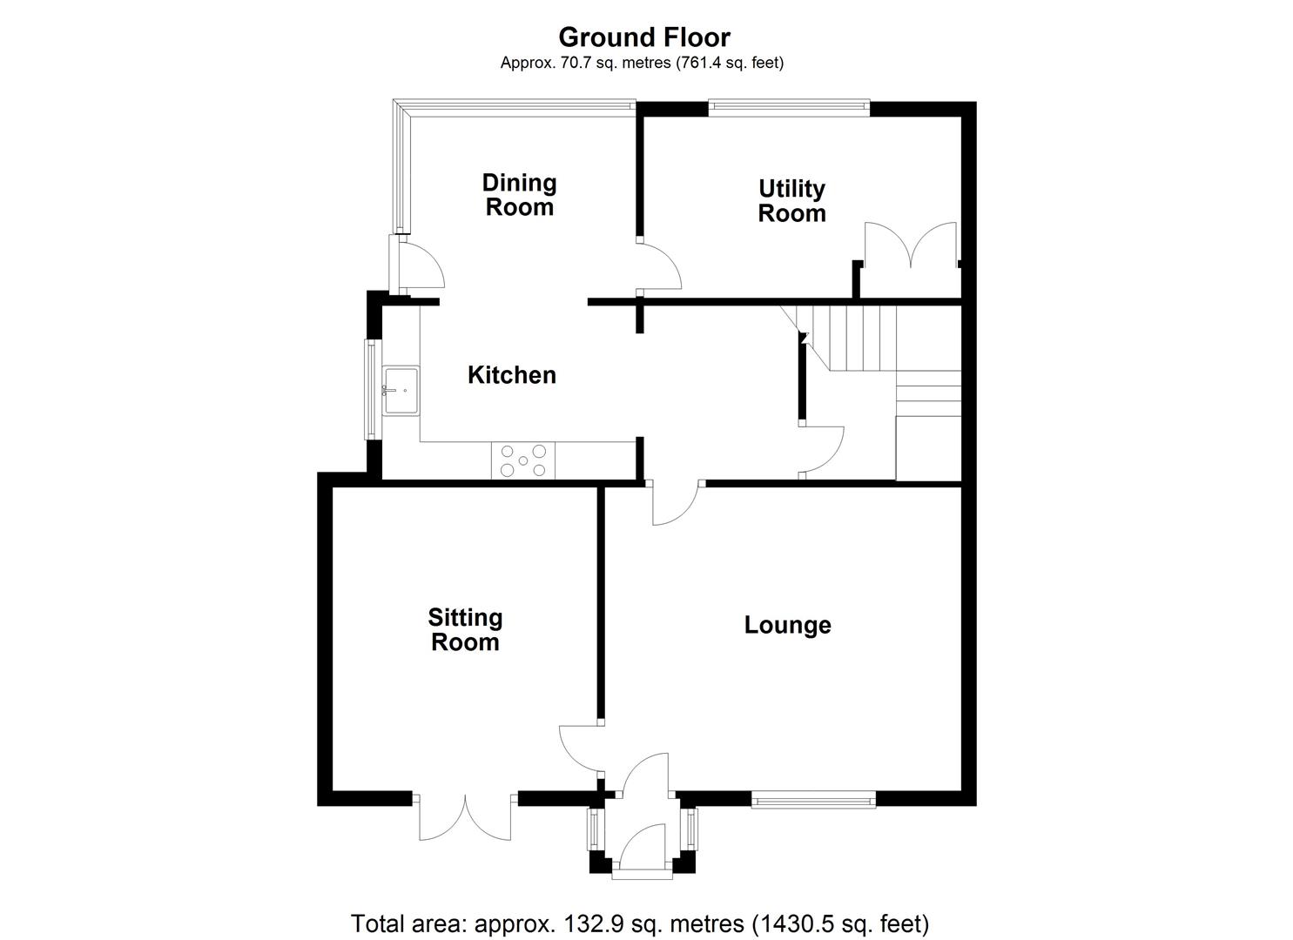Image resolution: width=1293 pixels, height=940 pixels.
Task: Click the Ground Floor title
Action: tap(643, 37)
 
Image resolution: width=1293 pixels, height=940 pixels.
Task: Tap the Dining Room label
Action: tap(519, 195)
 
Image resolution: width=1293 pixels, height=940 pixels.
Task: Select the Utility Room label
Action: tap(791, 201)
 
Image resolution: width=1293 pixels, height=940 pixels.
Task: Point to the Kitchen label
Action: tap(511, 375)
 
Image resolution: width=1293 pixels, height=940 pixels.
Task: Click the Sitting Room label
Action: tap(465, 630)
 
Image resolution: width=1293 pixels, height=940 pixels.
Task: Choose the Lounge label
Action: tap(787, 625)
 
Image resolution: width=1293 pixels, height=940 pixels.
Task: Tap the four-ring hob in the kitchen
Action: tap(523, 460)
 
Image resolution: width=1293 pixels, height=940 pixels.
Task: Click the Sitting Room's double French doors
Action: tap(465, 816)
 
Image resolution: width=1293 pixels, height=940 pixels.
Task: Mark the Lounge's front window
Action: tap(813, 800)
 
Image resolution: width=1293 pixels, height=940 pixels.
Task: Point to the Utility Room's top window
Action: tap(789, 108)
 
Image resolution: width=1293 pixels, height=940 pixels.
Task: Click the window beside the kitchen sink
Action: tap(372, 389)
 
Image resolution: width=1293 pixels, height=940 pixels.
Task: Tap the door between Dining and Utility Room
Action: tap(659, 266)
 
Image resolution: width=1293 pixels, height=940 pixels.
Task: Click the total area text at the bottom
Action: tap(639, 923)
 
